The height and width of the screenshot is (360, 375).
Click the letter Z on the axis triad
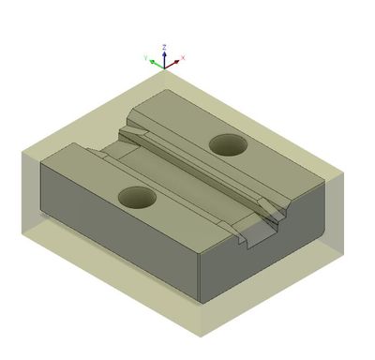coord(165,46)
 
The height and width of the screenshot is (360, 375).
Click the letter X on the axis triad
coord(183,58)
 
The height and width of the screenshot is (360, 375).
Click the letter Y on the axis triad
coord(146,57)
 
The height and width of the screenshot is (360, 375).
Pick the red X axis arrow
coord(174,63)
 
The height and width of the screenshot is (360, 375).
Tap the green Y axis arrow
coord(155,63)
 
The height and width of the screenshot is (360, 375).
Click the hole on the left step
coord(137,197)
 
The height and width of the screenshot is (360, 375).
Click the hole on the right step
coord(227,144)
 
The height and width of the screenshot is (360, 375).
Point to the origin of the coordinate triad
coord(165,67)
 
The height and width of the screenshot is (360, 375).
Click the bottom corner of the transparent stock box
coord(201,335)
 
